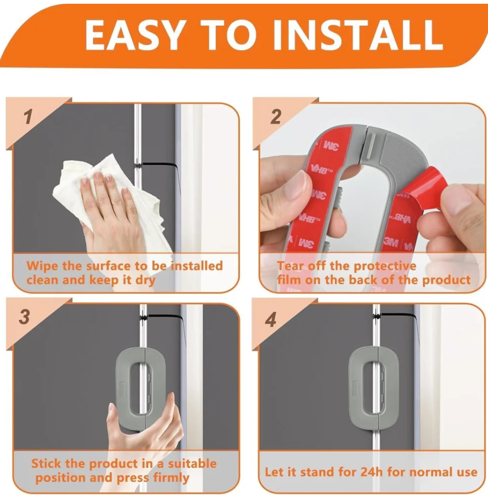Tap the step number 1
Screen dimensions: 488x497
pos(28,117)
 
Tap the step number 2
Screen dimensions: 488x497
pos(276,116)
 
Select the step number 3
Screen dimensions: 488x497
pos(24,317)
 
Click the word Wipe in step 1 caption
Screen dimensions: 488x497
pos(42,266)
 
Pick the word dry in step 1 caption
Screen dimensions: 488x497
pos(145,280)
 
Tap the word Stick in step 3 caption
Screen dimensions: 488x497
pos(46,463)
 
